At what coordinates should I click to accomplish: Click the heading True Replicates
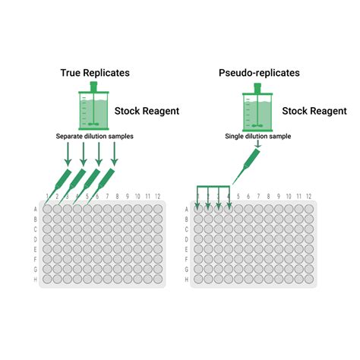coord(95,73)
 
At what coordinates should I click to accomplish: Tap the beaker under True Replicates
coord(95,107)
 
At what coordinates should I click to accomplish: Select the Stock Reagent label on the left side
coord(147,112)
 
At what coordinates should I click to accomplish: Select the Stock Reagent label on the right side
coord(315,112)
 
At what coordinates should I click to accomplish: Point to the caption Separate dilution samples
coord(94,137)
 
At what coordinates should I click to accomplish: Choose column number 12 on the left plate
coord(157,197)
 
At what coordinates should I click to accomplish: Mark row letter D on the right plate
coord(187,238)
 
